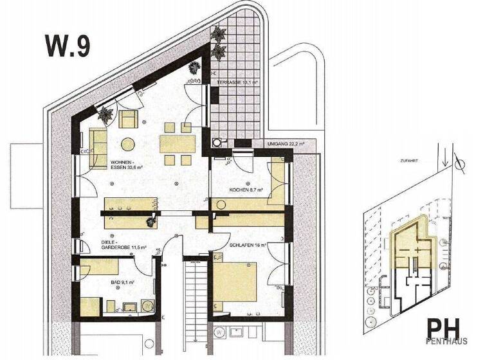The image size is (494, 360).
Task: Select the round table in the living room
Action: coord(129,142)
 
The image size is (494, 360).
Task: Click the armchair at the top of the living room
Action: coord(128,118)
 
